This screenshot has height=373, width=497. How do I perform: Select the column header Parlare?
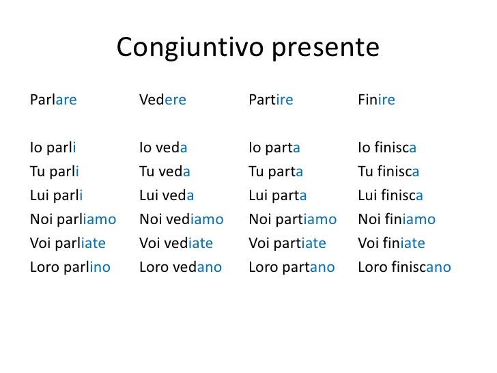53,100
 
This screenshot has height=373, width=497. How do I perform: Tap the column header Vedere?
162,100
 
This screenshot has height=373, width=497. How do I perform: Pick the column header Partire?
271,100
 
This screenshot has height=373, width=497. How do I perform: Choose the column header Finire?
376,100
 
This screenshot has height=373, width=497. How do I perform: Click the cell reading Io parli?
53,148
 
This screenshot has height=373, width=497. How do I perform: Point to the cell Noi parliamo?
73,219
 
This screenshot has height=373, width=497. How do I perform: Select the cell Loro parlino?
70,267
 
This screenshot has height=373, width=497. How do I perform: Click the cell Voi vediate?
176,243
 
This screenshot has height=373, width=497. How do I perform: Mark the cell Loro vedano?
180,267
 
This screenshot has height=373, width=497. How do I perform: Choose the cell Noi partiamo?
293,219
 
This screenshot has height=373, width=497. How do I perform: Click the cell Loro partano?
292,267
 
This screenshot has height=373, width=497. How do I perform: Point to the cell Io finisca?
387,148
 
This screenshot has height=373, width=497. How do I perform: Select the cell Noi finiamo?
397,219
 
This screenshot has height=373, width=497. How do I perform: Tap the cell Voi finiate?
391,243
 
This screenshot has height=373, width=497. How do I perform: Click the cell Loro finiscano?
404,267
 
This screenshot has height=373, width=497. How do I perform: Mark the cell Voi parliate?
68,243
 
